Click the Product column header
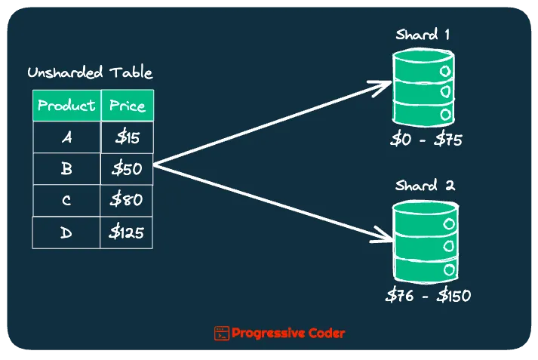[x=66, y=105]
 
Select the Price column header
[x=127, y=105]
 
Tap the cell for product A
[x=66, y=137]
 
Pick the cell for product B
[x=66, y=169]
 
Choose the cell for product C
[x=66, y=201]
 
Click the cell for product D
[x=66, y=232]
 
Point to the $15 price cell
[x=127, y=137]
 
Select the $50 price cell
[x=127, y=169]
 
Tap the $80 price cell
[x=127, y=201]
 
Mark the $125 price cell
[x=127, y=232]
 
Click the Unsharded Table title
[x=90, y=73]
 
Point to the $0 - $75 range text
[x=426, y=140]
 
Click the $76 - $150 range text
[x=427, y=296]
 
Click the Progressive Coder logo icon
[x=221, y=333]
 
